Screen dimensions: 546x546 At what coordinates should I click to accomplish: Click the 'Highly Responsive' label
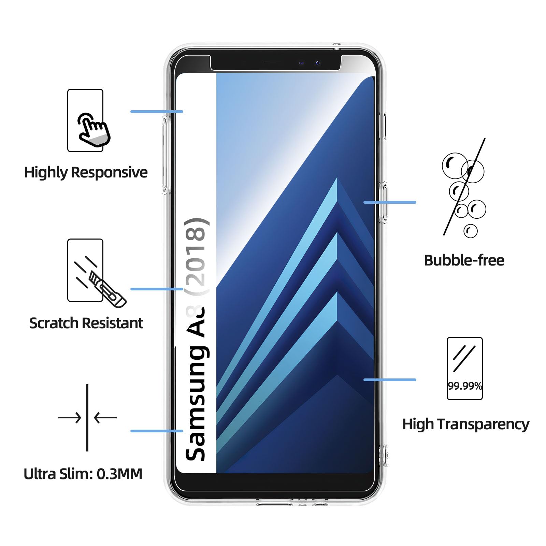click(x=86, y=172)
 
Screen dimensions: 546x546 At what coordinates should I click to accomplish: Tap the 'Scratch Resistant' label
click(x=86, y=323)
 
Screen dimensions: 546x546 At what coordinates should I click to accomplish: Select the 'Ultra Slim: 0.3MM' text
click(x=83, y=474)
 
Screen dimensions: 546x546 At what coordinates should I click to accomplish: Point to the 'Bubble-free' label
click(x=464, y=260)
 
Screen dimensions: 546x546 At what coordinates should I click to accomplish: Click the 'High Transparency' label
click(x=465, y=424)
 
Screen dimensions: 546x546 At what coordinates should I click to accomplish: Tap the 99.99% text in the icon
click(x=465, y=386)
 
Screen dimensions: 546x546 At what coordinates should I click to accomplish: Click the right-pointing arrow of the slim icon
click(x=70, y=417)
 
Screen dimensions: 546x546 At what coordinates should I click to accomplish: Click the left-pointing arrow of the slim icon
click(x=105, y=417)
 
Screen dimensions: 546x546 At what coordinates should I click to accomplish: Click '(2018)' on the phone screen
click(x=196, y=256)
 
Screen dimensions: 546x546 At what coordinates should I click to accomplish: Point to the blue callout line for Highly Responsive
click(x=157, y=112)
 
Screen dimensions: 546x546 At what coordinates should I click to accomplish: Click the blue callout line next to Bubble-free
click(x=390, y=202)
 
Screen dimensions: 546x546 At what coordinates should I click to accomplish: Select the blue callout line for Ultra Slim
click(x=157, y=431)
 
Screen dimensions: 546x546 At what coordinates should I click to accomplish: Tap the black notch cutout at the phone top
click(x=275, y=63)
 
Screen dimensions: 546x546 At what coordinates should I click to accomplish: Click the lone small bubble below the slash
click(x=471, y=231)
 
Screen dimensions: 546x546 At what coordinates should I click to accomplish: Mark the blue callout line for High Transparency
click(x=390, y=379)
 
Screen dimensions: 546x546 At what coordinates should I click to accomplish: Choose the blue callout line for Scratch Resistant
click(x=157, y=289)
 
